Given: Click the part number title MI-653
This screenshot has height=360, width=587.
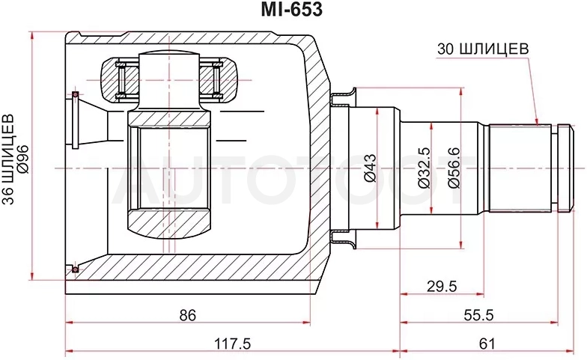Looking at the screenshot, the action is (x=292, y=10).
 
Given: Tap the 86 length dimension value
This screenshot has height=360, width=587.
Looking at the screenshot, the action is (x=187, y=315).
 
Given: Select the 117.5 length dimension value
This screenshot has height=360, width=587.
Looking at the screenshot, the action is (x=232, y=344).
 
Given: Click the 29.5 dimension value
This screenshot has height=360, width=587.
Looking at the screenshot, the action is (x=442, y=287).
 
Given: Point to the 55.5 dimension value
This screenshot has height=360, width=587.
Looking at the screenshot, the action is (x=479, y=315).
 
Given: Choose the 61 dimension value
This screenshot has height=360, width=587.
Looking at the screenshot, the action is (x=487, y=344).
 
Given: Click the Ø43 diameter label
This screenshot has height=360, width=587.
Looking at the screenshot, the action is (x=370, y=168).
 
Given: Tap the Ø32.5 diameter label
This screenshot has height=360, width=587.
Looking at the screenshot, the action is (x=424, y=168).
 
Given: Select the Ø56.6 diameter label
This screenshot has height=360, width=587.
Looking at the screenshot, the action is (x=454, y=168).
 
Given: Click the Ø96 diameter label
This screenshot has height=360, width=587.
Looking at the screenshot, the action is (x=22, y=159).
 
